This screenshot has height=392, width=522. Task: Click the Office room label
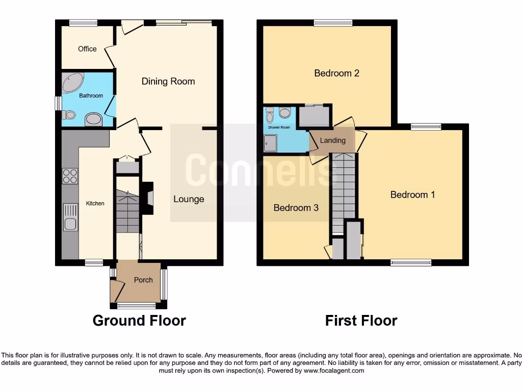tap(87, 49)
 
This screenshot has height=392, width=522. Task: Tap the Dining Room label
tap(168, 81)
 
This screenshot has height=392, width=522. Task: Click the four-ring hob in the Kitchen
tap(70, 176)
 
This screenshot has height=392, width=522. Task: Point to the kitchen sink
tap(70, 217)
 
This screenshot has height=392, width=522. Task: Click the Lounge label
tap(189, 199)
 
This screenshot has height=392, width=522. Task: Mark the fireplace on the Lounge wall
tap(147, 198)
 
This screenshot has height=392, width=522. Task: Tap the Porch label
tap(143, 280)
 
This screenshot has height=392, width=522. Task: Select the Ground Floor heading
tap(139, 321)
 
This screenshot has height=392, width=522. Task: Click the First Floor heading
tap(361, 321)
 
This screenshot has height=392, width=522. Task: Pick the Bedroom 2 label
tap(336, 73)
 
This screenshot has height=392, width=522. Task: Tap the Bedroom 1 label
tap(412, 194)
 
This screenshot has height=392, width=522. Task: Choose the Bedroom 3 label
tap(296, 208)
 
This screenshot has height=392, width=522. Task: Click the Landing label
tap(332, 140)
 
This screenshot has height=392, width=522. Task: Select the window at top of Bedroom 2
tap(333, 22)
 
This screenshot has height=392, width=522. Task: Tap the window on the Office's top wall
tap(83, 22)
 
